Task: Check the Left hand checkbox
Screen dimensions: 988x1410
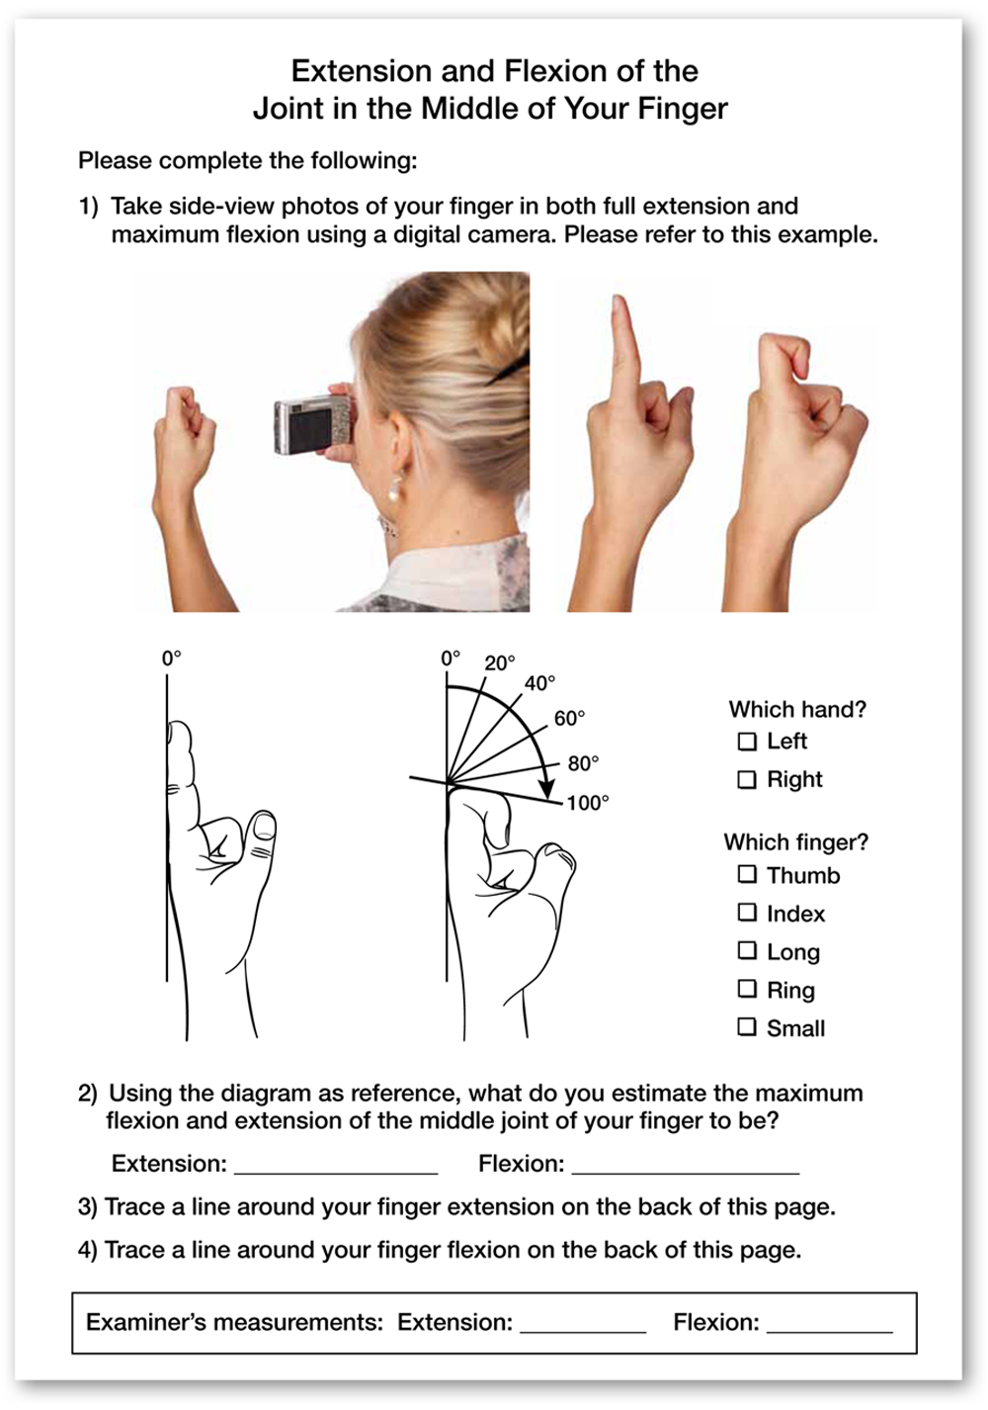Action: click(x=747, y=742)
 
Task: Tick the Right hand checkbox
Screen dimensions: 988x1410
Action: click(x=747, y=780)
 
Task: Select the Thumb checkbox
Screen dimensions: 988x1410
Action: click(x=747, y=874)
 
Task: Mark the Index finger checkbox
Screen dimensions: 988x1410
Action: click(x=747, y=912)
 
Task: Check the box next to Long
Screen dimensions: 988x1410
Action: click(x=747, y=950)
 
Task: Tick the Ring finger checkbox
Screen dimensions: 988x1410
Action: click(x=747, y=989)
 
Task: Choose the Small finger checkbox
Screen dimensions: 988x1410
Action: click(x=747, y=1027)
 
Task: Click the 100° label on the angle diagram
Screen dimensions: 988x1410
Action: click(x=588, y=803)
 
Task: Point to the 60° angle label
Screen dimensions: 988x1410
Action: click(x=569, y=718)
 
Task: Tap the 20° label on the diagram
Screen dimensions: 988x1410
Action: click(x=500, y=662)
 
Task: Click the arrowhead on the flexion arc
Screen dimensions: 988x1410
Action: click(x=547, y=789)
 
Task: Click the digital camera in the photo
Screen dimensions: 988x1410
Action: click(x=312, y=425)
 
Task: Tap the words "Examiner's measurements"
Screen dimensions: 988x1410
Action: click(x=234, y=1322)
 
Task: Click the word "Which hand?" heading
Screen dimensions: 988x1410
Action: click(x=797, y=709)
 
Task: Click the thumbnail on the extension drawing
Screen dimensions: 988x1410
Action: click(x=263, y=827)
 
